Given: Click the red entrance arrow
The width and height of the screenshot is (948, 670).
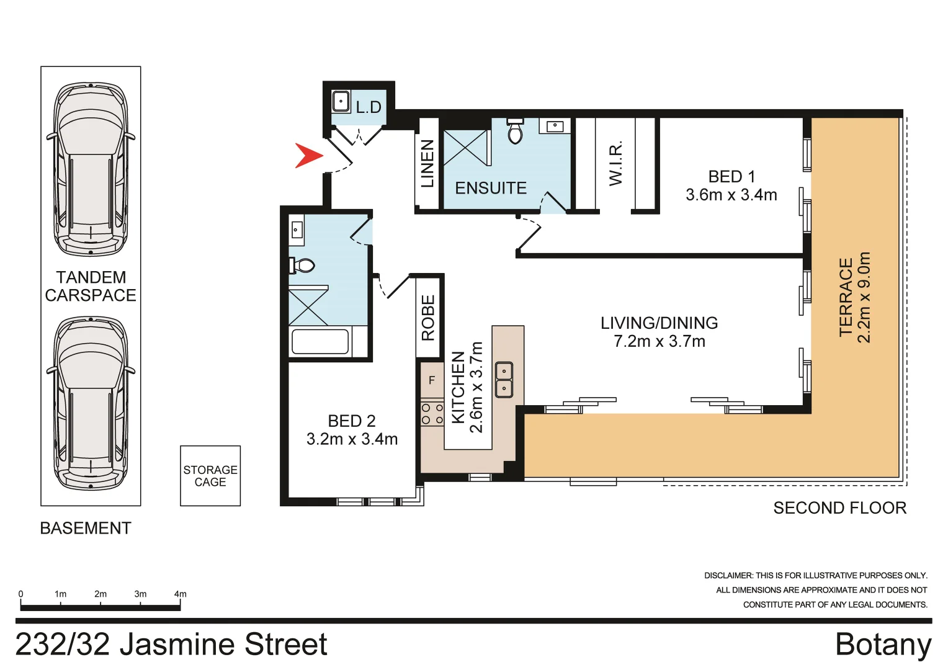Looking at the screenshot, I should pyautogui.click(x=308, y=155).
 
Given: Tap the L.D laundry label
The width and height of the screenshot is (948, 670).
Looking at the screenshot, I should pyautogui.click(x=368, y=107).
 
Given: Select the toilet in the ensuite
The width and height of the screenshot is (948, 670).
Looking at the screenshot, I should pyautogui.click(x=515, y=131).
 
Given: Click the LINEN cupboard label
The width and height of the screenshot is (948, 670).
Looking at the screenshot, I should pyautogui.click(x=427, y=163).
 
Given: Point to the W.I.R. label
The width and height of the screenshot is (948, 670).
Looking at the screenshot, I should pyautogui.click(x=615, y=164).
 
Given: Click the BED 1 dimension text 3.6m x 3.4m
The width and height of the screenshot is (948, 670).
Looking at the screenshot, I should pyautogui.click(x=731, y=195).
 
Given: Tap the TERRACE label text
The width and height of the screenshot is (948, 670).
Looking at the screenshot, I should pyautogui.click(x=846, y=297).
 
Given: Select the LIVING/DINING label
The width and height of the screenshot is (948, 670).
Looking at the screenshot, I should pyautogui.click(x=659, y=323).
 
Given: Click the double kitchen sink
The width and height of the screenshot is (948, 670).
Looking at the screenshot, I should pyautogui.click(x=504, y=380).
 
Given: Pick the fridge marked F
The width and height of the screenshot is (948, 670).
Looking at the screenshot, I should pyautogui.click(x=432, y=380).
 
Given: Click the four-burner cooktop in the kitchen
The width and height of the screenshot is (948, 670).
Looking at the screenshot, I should pyautogui.click(x=432, y=414).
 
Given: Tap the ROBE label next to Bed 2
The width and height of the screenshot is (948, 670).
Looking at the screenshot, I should pyautogui.click(x=428, y=318).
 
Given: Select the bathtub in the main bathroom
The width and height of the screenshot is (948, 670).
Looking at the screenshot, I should pyautogui.click(x=320, y=341).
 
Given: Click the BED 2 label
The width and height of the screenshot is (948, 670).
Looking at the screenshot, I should pyautogui.click(x=352, y=421).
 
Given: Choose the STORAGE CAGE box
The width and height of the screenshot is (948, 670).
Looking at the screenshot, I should pyautogui.click(x=210, y=476).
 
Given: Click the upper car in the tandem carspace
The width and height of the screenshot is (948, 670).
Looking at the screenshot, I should pyautogui.click(x=91, y=169).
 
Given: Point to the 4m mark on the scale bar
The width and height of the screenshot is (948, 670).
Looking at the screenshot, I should pyautogui.click(x=180, y=594).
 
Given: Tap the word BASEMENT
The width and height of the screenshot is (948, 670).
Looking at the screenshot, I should pyautogui.click(x=86, y=528).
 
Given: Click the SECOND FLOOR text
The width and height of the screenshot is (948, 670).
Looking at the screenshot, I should pyautogui.click(x=839, y=508).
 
